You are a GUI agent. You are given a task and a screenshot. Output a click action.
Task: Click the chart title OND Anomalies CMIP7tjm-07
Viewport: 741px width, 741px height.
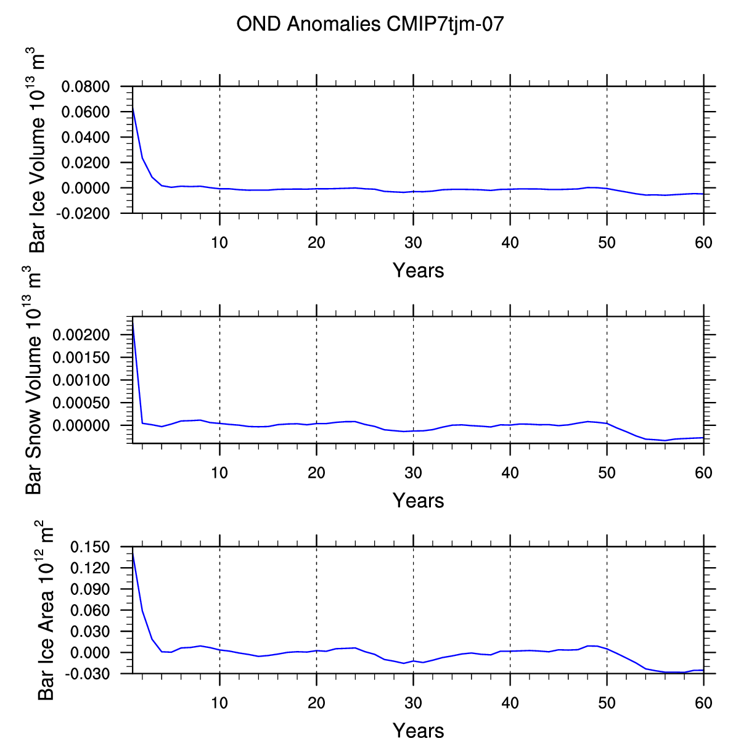point(370,24)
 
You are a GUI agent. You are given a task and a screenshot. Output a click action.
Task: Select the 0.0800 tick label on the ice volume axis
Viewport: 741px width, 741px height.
point(85,86)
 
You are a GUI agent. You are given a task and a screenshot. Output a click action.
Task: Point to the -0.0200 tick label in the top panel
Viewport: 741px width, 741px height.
point(83,213)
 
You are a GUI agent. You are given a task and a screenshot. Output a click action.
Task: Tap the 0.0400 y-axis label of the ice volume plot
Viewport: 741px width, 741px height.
point(85,137)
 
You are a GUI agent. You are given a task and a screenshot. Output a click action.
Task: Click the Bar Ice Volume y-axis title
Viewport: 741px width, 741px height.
point(37,150)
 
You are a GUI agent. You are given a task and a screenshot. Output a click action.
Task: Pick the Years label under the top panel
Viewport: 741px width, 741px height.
point(418,271)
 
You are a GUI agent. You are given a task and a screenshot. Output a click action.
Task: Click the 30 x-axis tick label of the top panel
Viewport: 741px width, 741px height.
point(413,243)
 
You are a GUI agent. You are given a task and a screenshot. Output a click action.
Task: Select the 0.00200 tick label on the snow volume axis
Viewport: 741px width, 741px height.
point(81,335)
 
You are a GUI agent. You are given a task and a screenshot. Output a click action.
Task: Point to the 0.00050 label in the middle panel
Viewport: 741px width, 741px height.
point(81,403)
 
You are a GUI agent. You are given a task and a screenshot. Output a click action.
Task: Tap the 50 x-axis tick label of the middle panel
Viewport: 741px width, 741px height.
point(607,473)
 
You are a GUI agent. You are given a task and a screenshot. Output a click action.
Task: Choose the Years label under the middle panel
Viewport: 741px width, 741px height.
point(418,501)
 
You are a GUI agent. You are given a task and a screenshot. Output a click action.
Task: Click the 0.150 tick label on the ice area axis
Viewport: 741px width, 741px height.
point(90,547)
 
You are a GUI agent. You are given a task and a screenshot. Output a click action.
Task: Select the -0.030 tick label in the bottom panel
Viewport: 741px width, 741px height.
point(88,674)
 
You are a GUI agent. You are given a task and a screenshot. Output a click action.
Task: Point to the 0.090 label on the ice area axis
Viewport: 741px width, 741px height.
point(90,589)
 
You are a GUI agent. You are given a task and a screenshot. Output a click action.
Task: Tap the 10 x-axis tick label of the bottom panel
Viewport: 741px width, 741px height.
point(219,703)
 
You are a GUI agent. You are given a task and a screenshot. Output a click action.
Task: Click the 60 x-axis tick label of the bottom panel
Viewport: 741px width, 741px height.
point(703,703)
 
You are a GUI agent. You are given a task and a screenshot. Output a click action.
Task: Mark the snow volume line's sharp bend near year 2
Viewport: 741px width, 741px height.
point(142,423)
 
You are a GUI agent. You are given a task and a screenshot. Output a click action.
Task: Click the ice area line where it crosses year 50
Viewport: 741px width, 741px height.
point(607,649)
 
